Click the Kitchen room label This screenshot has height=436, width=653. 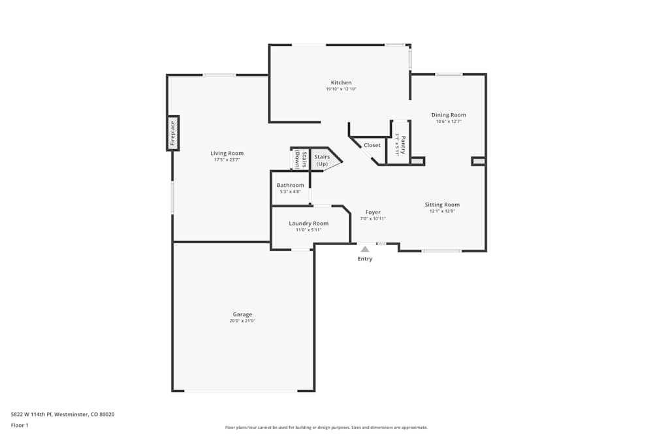341,83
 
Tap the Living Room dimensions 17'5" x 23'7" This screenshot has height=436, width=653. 227,159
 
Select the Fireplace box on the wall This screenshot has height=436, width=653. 173,133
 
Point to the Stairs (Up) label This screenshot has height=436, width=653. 322,160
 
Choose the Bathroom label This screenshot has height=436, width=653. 290,185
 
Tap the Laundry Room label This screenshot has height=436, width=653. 308,223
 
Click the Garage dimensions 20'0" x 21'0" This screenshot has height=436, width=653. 242,321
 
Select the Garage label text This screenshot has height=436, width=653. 242,314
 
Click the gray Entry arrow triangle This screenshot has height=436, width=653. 365,248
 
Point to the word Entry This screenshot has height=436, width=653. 365,259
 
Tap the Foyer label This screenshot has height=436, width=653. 373,212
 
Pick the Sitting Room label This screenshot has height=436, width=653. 442,205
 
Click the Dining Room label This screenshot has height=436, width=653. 449,115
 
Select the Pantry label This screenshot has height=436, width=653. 403,142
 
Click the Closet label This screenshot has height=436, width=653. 372,145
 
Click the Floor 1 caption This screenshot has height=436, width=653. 20,425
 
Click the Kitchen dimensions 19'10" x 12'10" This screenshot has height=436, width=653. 341,90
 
